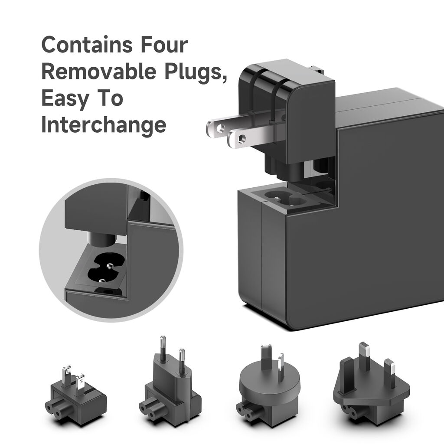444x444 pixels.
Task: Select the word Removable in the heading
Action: coord(98,72)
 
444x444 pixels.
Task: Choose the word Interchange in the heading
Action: coord(104,125)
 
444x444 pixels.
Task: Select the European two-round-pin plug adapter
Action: coord(170,386)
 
